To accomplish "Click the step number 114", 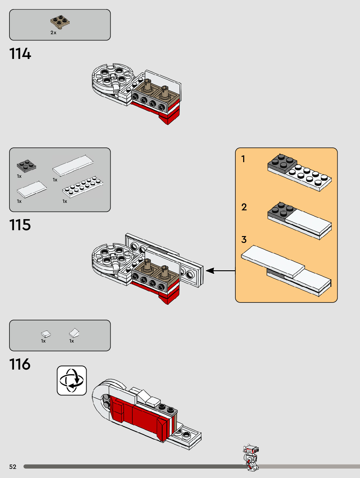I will tap(20, 54).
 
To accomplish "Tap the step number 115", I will tap(20, 225).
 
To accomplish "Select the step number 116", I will tap(20, 364).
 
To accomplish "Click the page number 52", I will tap(13, 467).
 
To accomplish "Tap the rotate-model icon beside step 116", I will tap(72, 380).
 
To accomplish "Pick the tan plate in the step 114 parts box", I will tap(60, 22).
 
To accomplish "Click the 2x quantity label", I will tap(53, 33).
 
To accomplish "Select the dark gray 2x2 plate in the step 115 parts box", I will tap(26, 166).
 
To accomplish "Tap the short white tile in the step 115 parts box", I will tap(32, 189).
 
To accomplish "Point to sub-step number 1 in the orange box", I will tap(243, 159).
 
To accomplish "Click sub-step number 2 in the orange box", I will tap(244, 207).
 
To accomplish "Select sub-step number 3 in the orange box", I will tap(244, 240).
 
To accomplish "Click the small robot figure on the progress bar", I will tap(251, 457).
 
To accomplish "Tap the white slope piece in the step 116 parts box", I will tap(74, 333).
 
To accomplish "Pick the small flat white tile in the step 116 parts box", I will tap(46, 334).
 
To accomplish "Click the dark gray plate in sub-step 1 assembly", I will tap(282, 162).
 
